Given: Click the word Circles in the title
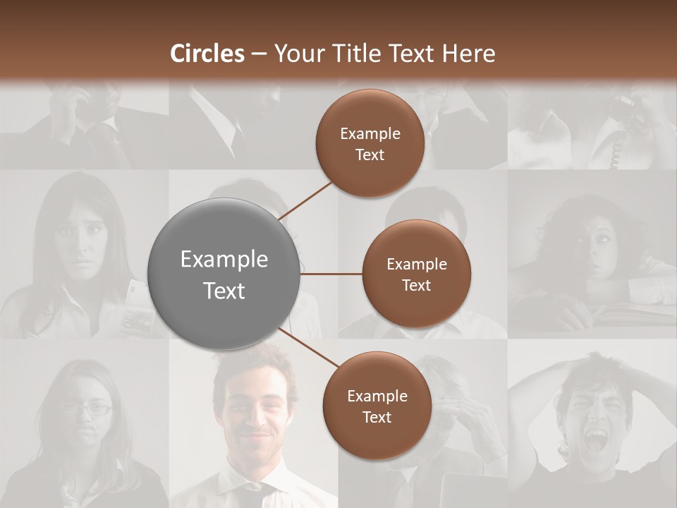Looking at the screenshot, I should click(207, 54).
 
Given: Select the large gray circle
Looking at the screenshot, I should click(224, 274).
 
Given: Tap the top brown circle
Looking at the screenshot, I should click(370, 143).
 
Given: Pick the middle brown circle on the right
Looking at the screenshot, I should click(416, 274).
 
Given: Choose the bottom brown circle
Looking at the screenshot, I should click(377, 406).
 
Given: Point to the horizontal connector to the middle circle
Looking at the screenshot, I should click(331, 274).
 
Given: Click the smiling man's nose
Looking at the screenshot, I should click(252, 418).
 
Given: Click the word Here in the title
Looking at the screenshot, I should click(470, 54).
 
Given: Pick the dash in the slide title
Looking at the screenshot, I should click(259, 54).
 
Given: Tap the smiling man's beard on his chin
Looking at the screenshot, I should click(252, 452).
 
